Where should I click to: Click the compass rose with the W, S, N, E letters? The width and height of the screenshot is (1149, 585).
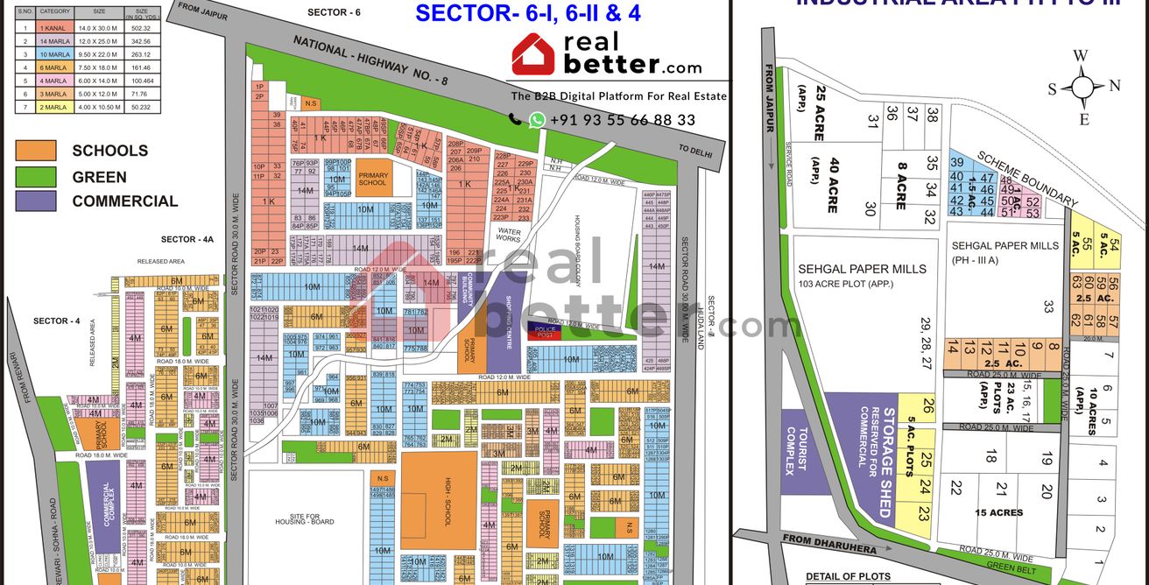(1083, 88)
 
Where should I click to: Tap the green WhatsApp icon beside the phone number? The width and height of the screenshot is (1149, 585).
(536, 120)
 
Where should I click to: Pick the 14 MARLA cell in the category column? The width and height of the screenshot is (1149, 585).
(55, 41)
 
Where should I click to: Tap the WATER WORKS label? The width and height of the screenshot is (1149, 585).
(509, 235)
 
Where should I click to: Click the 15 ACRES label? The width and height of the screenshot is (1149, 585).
(999, 512)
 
